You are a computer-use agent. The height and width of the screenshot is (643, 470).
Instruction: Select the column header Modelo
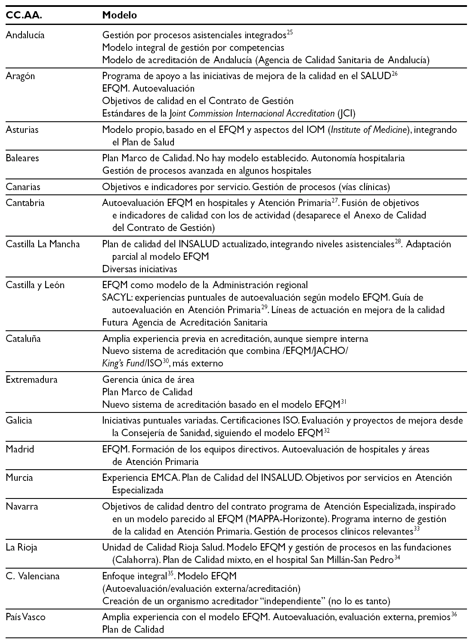pyautogui.click(x=120, y=15)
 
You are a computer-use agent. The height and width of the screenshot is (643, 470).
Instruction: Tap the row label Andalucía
pyautogui.click(x=25, y=35)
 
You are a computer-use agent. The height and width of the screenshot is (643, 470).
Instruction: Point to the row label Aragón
pyautogui.click(x=20, y=76)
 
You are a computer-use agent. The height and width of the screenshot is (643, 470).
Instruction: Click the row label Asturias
pyautogui.click(x=22, y=129)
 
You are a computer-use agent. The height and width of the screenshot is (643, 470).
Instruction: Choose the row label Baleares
pyautogui.click(x=22, y=158)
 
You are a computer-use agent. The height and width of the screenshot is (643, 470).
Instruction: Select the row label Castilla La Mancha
pyautogui.click(x=43, y=244)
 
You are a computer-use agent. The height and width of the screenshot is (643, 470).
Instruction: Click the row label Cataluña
pyautogui.click(x=23, y=338)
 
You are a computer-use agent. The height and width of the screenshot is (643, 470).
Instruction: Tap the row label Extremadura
pyautogui.click(x=31, y=380)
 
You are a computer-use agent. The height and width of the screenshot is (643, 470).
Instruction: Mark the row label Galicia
pyautogui.click(x=19, y=421)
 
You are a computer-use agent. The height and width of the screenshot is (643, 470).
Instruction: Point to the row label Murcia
pyautogui.click(x=19, y=477)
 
